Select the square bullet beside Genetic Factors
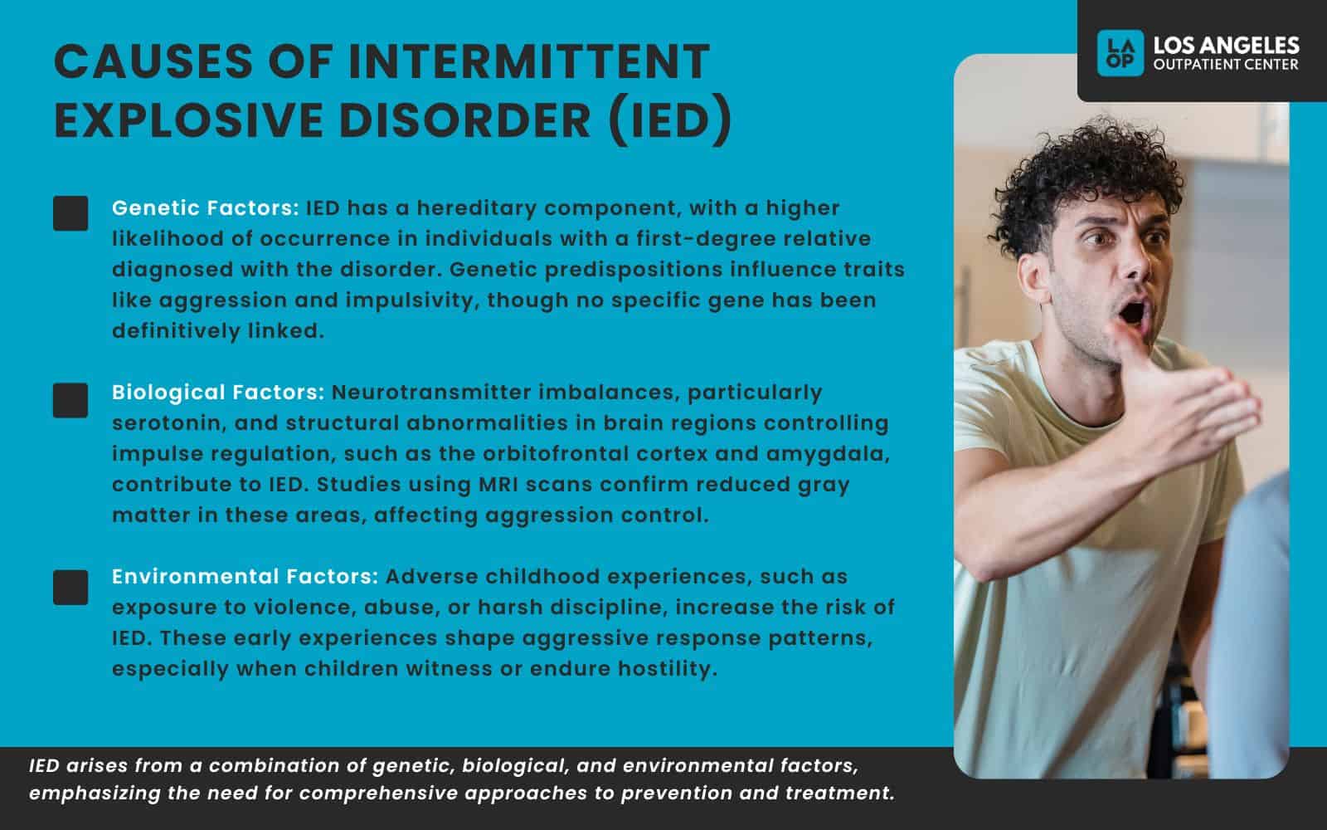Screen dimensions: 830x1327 coord(70,213)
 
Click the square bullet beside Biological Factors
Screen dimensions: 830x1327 coord(70,400)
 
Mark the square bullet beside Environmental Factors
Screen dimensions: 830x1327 coord(70,587)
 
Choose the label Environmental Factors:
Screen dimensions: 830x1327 coord(245,576)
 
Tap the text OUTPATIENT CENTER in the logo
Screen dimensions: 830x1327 coord(1226,65)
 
